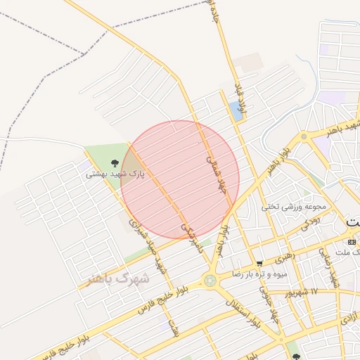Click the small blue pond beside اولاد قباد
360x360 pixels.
pyautogui.click(x=234, y=110)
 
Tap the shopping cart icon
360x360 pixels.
pyautogui.click(x=259, y=263)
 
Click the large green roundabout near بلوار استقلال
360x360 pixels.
pyautogui.click(x=210, y=281)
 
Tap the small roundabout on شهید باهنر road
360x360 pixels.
pyautogui.click(x=304, y=138)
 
